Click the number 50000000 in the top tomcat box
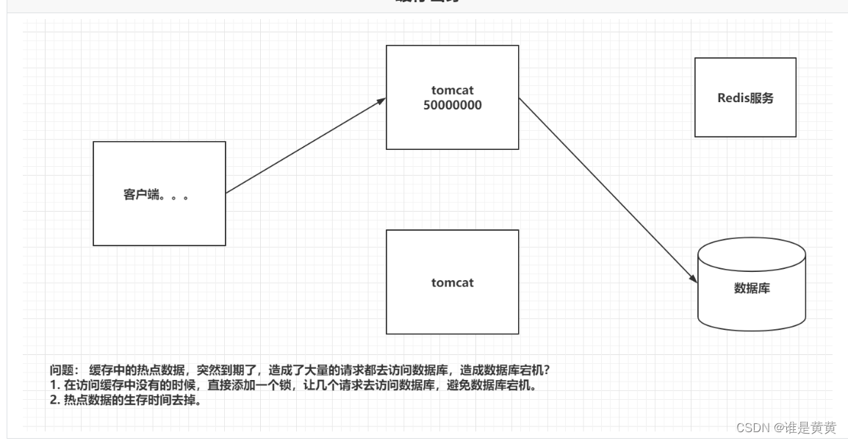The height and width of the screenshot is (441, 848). pos(453,105)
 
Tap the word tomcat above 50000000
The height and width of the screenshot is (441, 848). pos(453,90)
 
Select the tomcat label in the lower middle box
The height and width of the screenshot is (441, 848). pos(453,282)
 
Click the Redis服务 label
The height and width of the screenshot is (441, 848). pos(745,98)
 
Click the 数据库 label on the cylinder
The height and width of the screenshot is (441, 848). pos(752,288)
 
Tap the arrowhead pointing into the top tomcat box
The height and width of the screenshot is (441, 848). pos(381,101)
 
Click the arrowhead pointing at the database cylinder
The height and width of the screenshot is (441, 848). pos(692,279)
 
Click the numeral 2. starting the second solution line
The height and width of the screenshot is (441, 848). pos(54,401)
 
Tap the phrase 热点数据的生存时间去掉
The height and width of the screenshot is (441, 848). pos(132,401)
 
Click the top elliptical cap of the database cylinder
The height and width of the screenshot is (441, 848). pos(752,254)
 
